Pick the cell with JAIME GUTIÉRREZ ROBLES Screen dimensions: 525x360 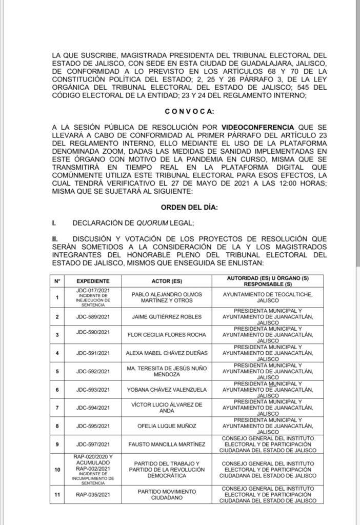tap(165, 317)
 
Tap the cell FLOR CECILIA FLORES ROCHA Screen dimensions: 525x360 tap(165, 335)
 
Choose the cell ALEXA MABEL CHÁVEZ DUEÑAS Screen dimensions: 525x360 tap(165, 353)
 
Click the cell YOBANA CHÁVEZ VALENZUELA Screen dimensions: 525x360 tap(165, 390)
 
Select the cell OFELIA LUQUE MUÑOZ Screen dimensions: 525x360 tap(165, 426)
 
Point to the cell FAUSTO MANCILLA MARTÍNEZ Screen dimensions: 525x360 tap(165, 444)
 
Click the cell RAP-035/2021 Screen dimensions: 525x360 tap(93, 495)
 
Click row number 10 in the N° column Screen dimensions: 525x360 tap(57, 470)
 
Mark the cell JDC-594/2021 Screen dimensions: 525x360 tap(93, 408)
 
